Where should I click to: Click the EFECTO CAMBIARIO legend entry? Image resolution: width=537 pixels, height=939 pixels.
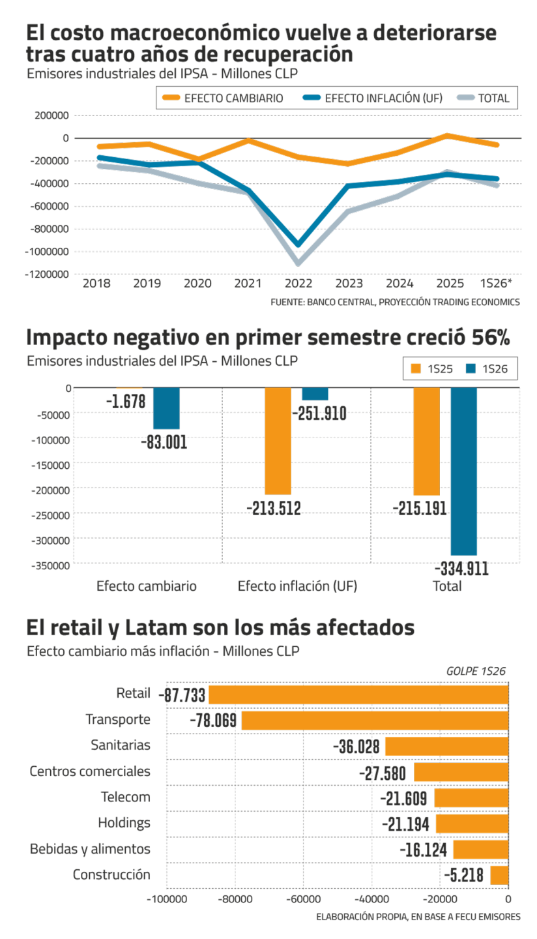pyautogui.click(x=222, y=98)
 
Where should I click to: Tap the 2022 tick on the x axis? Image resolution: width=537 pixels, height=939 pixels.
pyautogui.click(x=298, y=284)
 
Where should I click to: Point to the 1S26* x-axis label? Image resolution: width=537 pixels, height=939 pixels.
pyautogui.click(x=496, y=284)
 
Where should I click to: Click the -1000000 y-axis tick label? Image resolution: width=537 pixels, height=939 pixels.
pyautogui.click(x=47, y=252)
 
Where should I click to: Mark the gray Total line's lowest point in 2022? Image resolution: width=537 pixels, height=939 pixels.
pyautogui.click(x=298, y=263)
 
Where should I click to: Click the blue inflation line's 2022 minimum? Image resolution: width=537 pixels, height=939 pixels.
pyautogui.click(x=298, y=245)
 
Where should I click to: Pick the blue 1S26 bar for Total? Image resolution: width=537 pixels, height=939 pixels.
pyautogui.click(x=464, y=471)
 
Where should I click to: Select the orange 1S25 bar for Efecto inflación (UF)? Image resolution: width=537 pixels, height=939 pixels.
pyautogui.click(x=278, y=441)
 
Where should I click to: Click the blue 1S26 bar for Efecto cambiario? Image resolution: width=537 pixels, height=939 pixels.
pyautogui.click(x=166, y=408)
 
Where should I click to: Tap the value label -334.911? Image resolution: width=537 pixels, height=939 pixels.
pyautogui.click(x=461, y=569)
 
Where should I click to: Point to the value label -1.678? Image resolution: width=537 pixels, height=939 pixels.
pyautogui.click(x=126, y=402)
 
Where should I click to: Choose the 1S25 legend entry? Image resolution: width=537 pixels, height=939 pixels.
pyautogui.click(x=432, y=369)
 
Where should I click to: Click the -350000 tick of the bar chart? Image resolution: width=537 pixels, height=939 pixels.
pyautogui.click(x=51, y=565)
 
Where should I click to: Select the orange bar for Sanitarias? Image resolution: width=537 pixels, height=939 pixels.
pyautogui.click(x=447, y=747)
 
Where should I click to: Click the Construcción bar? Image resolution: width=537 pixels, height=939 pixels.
pyautogui.click(x=499, y=876)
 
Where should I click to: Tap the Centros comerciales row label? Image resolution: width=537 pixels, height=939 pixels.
pyautogui.click(x=90, y=771)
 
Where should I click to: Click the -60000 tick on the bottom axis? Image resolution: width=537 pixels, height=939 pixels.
pyautogui.click(x=303, y=899)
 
